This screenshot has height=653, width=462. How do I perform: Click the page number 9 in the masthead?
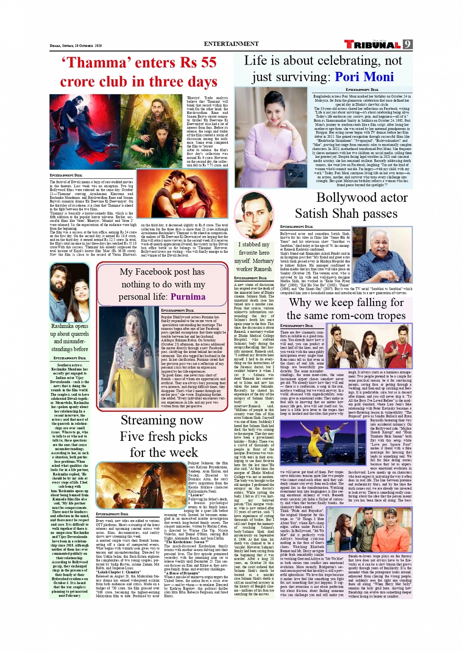click(x=407, y=44)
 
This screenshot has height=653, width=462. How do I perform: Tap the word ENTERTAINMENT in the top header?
click(x=231, y=44)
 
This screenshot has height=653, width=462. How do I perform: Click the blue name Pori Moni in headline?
click(x=364, y=77)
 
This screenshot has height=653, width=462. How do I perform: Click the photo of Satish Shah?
click(x=382, y=248)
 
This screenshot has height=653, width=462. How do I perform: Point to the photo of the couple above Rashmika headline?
click(x=70, y=292)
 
